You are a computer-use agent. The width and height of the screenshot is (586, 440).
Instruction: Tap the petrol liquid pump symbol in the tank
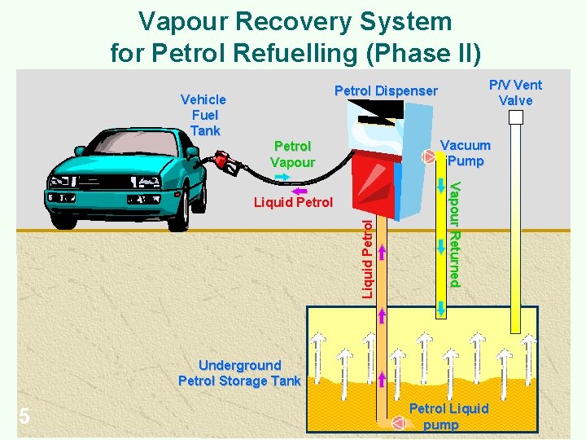(x=399, y=423)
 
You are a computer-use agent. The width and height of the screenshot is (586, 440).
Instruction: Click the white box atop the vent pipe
(x=515, y=117)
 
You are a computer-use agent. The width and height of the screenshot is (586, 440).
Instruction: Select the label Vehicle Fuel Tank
(x=203, y=114)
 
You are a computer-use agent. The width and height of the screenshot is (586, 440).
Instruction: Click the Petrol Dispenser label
(x=386, y=91)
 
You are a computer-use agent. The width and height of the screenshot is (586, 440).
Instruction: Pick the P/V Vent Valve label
(x=515, y=92)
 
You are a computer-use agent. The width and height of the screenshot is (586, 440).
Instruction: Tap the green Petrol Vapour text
(x=292, y=154)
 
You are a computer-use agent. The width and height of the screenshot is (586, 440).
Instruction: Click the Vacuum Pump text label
(x=466, y=153)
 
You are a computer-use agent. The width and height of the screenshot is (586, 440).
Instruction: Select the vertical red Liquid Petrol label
(x=367, y=257)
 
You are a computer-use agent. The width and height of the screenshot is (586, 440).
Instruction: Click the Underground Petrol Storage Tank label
(x=239, y=373)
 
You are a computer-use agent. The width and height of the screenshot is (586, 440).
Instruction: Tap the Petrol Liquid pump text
(x=448, y=416)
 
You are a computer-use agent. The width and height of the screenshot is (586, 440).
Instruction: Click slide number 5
(x=24, y=417)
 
